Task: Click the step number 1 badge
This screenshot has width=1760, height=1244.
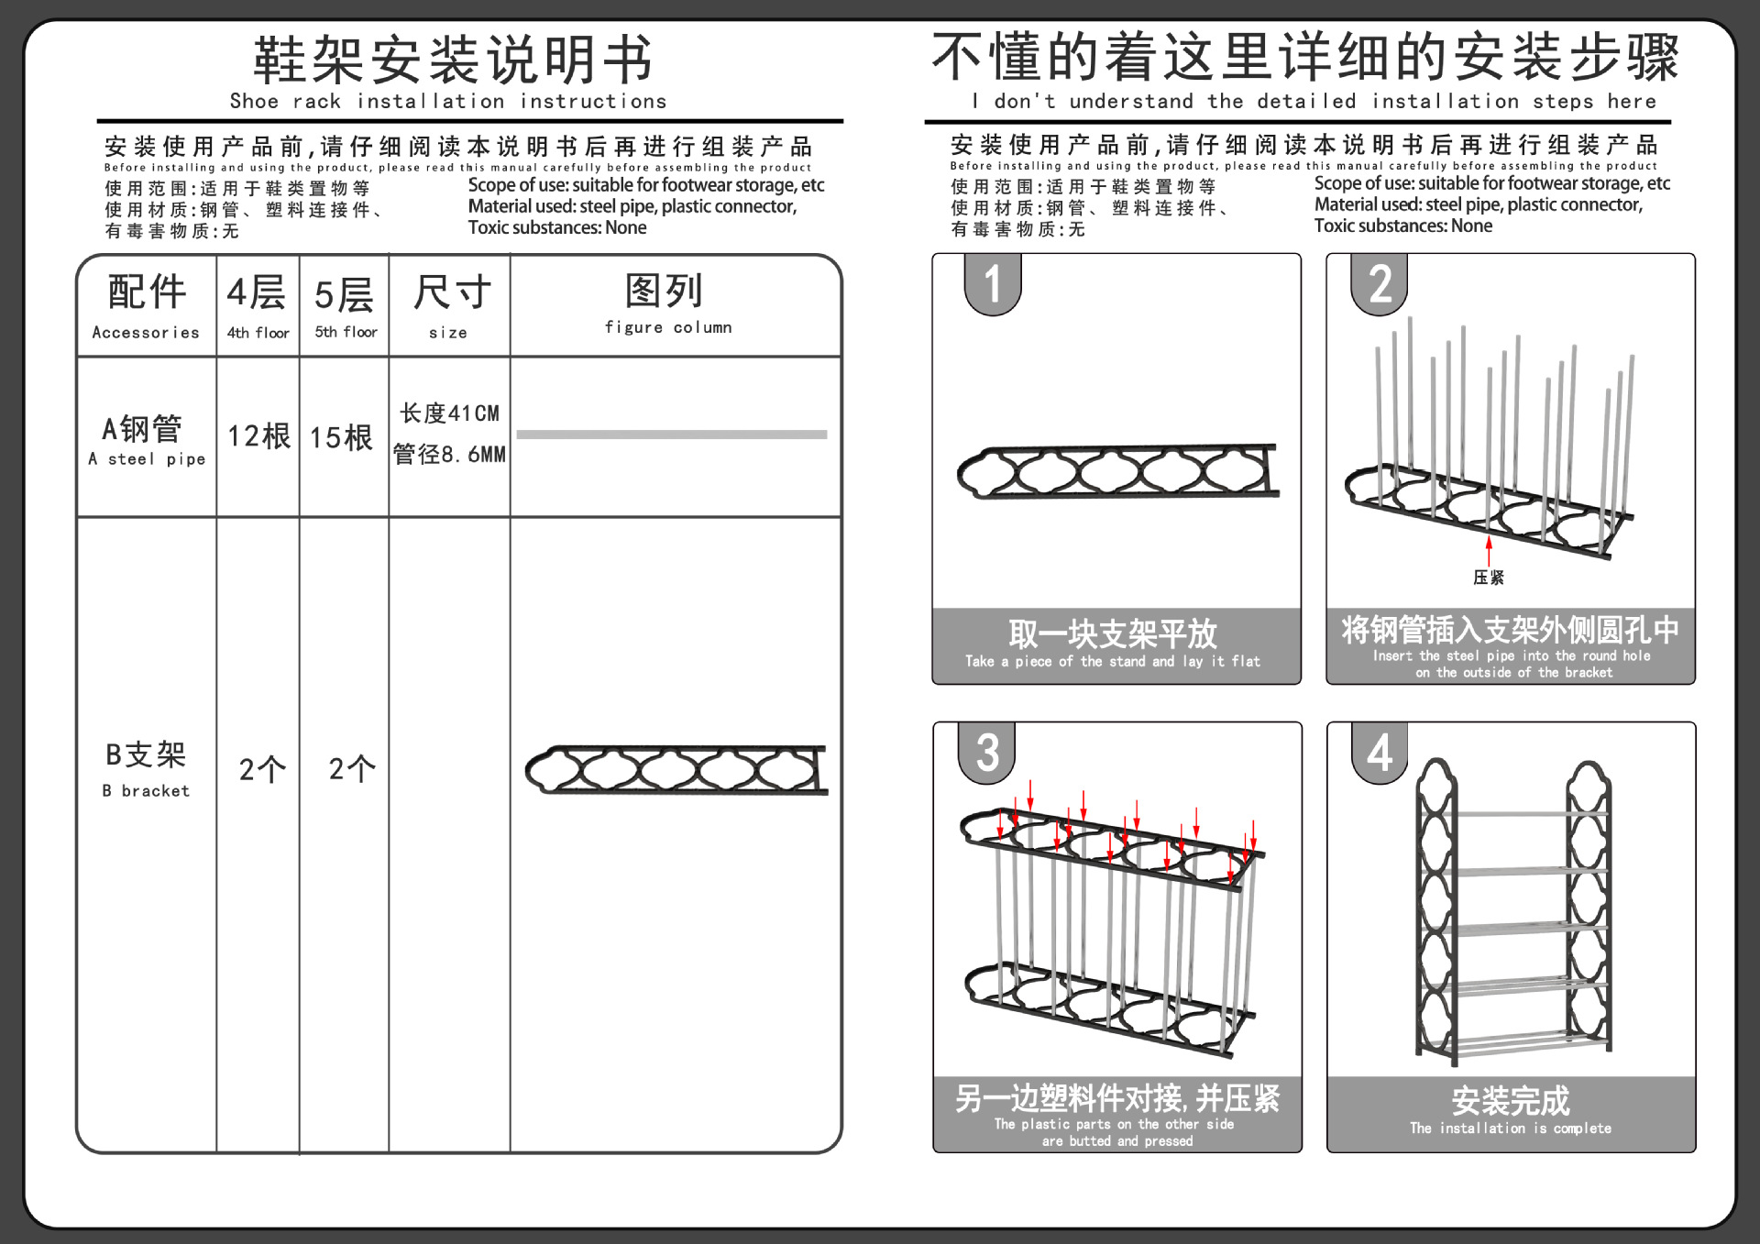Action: coord(993,284)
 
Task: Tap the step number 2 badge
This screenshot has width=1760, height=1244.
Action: coord(1380,284)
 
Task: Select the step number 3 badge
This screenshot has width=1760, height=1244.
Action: coord(987,753)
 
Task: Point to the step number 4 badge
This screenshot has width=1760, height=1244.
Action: coord(1380,753)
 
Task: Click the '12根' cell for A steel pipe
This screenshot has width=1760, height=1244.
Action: coord(258,436)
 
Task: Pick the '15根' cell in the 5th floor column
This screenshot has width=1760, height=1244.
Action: coord(342,437)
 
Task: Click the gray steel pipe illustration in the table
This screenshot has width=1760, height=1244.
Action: coord(672,435)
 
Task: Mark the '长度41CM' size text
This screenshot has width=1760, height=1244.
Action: coord(449,413)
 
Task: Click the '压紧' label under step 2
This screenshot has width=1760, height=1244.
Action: coord(1489,577)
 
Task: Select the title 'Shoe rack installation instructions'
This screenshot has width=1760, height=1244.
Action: coord(448,101)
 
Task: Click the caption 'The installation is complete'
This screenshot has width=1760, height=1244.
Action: coord(1511,1128)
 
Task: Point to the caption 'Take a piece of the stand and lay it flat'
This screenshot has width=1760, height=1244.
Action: coord(1113,661)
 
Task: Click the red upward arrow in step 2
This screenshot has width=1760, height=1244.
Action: coord(1489,550)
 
